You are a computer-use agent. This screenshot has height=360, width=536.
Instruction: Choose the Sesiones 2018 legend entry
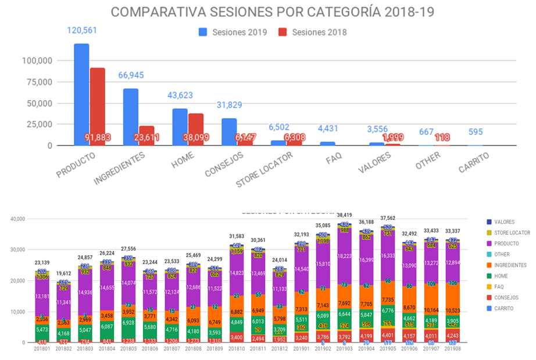[x=313, y=32]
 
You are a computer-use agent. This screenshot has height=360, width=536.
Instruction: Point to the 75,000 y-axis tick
[x=37, y=82]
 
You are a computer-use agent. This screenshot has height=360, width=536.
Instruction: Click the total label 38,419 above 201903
[x=344, y=215]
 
